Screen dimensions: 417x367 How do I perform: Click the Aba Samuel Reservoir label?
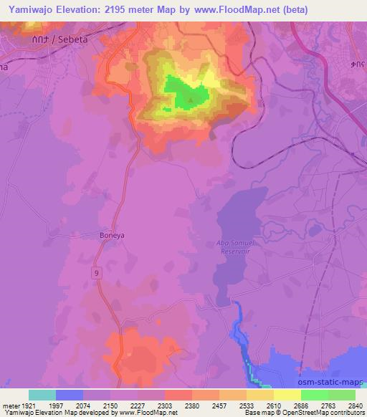[x=236, y=247]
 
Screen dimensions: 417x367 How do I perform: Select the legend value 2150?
[x=110, y=405]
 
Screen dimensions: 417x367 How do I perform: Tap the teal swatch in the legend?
[x=42, y=395]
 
